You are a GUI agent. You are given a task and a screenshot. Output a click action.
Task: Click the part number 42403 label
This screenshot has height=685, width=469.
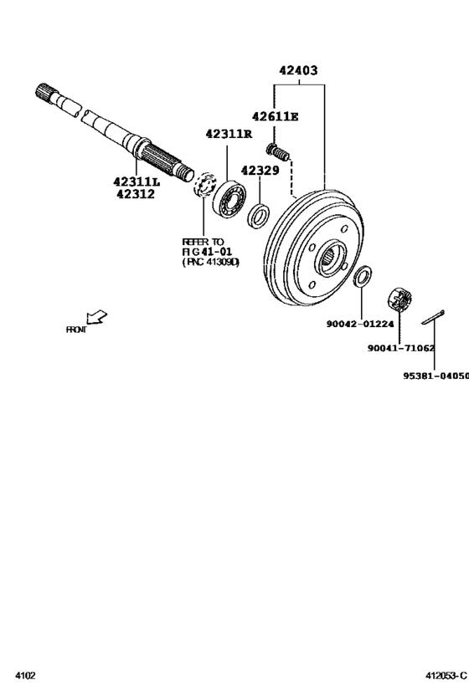click(299, 71)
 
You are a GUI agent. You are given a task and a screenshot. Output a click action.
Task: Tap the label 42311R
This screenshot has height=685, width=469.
click(229, 134)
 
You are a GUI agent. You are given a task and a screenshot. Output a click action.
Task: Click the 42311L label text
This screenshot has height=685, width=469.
click(137, 181)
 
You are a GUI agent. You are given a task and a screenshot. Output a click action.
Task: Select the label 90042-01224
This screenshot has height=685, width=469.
click(360, 323)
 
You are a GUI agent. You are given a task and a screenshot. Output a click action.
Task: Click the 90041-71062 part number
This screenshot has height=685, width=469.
click(400, 348)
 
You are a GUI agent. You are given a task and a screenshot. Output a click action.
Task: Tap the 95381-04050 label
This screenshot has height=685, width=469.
click(435, 376)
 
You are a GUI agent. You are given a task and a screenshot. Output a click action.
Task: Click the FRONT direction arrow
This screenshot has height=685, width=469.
click(98, 317)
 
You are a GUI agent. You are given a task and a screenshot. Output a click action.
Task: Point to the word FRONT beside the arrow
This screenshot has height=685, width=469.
click(75, 330)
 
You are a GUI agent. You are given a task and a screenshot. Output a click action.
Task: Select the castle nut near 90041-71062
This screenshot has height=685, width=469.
click(400, 300)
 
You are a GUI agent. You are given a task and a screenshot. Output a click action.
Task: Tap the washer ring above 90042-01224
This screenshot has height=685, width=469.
click(363, 275)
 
